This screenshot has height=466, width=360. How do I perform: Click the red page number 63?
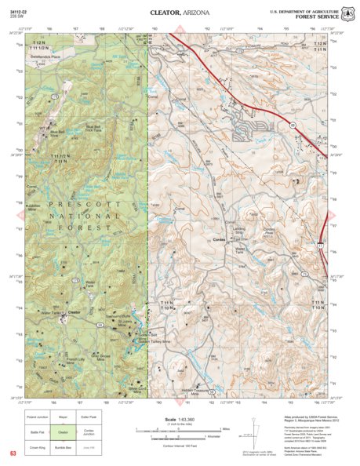[13, 453]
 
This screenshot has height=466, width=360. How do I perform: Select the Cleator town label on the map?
[75, 311]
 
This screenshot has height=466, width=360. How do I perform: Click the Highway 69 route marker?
[292, 126]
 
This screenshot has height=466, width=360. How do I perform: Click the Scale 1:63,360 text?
[181, 420]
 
